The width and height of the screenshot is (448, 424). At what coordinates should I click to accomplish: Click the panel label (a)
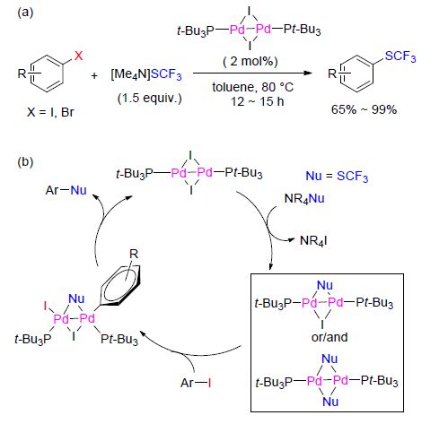(x=25, y=13)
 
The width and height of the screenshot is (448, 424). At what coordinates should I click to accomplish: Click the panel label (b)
(x=25, y=161)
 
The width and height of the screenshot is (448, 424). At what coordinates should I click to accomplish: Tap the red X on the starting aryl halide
(x=78, y=56)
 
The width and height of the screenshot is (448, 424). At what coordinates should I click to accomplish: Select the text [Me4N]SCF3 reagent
(x=146, y=74)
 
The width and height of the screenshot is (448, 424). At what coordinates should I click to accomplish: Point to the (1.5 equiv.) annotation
(x=149, y=98)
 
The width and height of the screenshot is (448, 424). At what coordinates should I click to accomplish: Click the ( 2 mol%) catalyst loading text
(x=250, y=61)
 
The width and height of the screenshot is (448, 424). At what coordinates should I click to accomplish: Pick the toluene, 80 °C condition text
(x=253, y=87)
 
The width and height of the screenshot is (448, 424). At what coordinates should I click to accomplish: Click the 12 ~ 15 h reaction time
(x=257, y=101)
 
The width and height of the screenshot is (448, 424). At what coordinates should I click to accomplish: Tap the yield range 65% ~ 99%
(x=364, y=109)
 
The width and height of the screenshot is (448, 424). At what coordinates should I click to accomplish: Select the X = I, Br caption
(x=50, y=112)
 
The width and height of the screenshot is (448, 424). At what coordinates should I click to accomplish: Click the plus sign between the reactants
(x=94, y=76)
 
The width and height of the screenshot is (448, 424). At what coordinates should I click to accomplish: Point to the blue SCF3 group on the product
(x=400, y=56)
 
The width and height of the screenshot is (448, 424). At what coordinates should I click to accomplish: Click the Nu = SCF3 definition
(x=337, y=177)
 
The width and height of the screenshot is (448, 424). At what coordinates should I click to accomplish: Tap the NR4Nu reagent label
(x=304, y=199)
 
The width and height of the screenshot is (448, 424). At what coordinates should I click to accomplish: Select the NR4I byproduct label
(x=313, y=240)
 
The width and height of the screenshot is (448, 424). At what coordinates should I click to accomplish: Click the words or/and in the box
(x=329, y=337)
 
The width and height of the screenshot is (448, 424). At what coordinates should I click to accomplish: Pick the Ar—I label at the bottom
(x=196, y=383)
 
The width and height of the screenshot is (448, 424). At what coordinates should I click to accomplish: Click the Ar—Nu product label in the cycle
(x=66, y=190)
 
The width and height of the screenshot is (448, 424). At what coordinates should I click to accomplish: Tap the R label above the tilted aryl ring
(x=134, y=254)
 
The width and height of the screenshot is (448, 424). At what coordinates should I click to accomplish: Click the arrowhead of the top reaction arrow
(x=308, y=73)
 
